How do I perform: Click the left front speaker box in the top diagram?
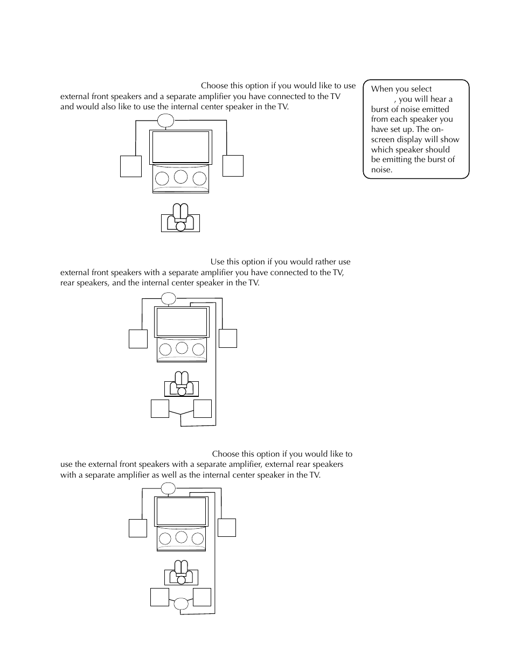coord(131,166)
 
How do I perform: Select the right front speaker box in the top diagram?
coord(233,166)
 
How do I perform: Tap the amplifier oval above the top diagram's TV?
coord(166,121)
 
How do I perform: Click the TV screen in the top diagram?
coord(180,146)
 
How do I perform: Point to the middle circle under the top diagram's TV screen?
coord(181,176)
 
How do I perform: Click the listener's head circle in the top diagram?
coord(180,226)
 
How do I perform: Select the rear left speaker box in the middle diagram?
coord(160,409)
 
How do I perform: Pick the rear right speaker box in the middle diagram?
coord(202,409)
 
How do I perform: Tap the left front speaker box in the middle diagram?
coord(138,339)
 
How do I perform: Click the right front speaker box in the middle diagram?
coord(228,338)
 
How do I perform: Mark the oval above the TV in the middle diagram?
coord(169,298)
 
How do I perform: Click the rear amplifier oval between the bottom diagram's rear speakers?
coord(181,604)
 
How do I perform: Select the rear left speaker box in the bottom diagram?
coord(160,598)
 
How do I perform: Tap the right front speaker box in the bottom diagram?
coord(227,528)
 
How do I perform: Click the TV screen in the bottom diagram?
coord(181,511)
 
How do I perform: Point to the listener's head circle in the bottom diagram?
coord(181,580)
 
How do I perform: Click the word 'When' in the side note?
coord(382,89)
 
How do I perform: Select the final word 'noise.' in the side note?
coord(381,170)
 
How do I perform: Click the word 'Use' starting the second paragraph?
coord(217,262)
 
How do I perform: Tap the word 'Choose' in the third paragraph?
coord(226,454)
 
